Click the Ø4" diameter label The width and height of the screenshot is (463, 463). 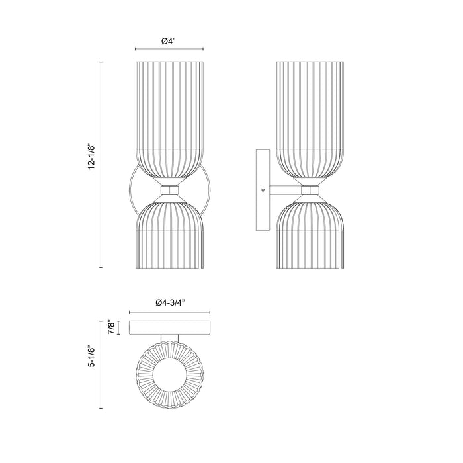click(169, 41)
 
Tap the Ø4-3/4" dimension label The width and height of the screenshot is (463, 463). click(171, 302)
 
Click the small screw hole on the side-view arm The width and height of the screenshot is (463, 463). click(263, 190)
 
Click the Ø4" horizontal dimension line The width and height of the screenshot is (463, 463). click(169, 50)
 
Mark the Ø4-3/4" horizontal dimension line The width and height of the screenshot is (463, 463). click(171, 312)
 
